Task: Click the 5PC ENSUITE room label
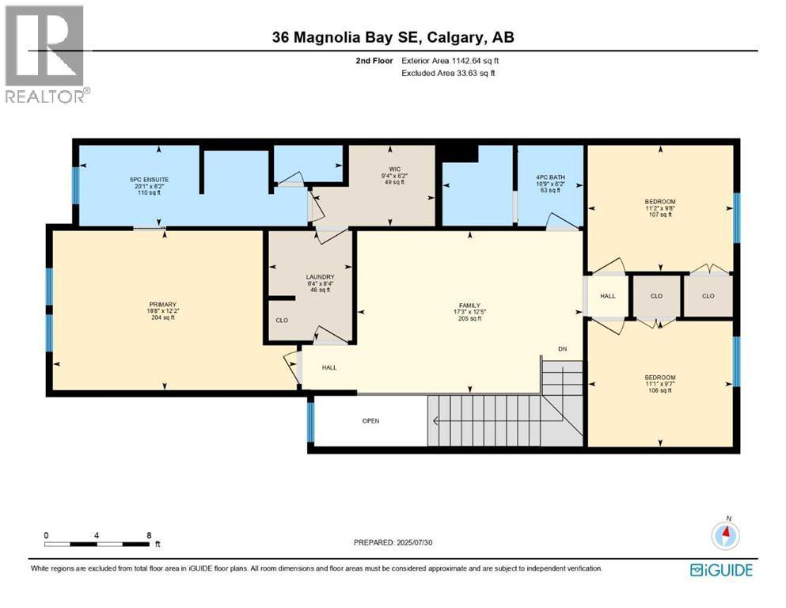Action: point(149,180)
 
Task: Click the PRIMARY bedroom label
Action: point(161,304)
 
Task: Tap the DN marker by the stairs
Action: point(562,349)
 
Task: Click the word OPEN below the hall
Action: point(370,420)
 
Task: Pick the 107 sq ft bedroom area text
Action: point(659,215)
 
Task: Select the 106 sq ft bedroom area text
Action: point(659,390)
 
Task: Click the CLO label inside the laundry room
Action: point(281,321)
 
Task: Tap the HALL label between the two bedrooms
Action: point(607,296)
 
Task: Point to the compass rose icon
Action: point(724,535)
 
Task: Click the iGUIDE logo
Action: point(721,570)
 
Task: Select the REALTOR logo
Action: point(46,55)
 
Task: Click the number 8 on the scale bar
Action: point(149,535)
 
